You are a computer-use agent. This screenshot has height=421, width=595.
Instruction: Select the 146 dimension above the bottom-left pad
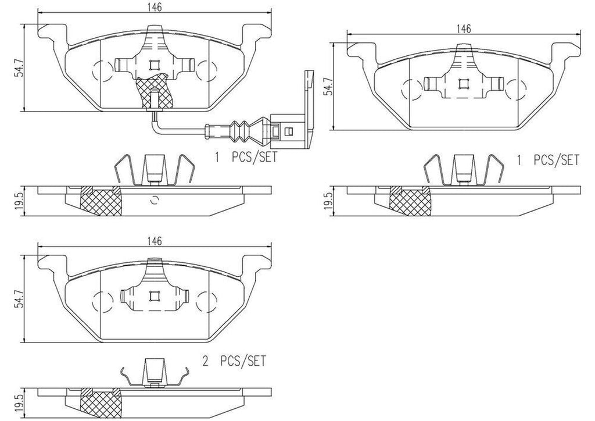153,241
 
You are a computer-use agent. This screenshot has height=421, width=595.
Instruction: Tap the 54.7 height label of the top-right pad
328,86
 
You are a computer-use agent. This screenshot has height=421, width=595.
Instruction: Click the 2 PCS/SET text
234,361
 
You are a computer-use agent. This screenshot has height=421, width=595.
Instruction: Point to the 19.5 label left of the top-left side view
19,201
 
